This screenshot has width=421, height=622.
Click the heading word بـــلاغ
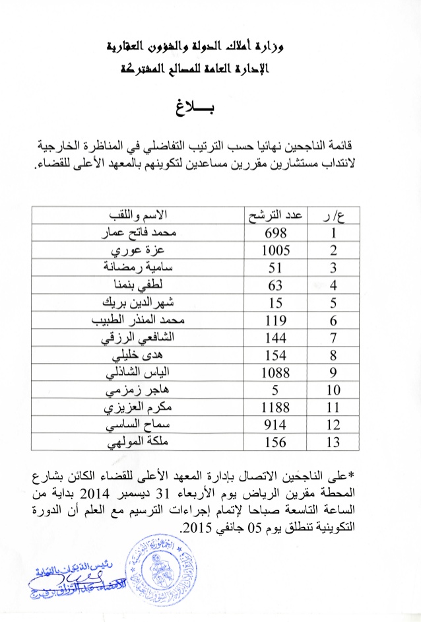pos(211,107)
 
